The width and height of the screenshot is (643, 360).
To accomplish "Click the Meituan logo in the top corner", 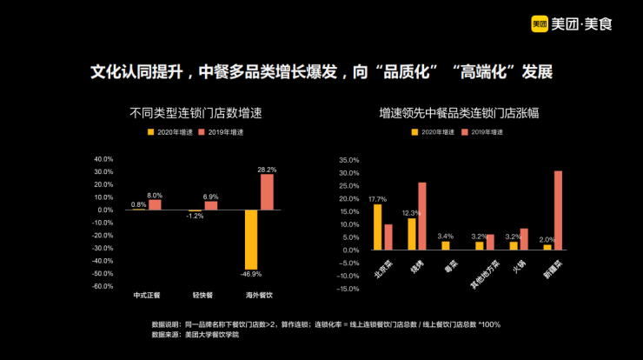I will coord(572,23).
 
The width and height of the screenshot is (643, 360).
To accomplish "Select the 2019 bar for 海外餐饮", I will coord(267,191).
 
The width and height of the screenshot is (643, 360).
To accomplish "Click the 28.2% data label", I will coord(267,170).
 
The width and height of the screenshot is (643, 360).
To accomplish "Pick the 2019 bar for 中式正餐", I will coord(155,204).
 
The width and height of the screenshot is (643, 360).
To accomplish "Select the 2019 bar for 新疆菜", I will coord(558,210).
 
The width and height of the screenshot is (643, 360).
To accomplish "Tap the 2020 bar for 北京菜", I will coord(378,227).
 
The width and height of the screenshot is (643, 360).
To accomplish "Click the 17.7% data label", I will coord(378,199).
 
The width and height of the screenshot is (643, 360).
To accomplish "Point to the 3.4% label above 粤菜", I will coord(446,236).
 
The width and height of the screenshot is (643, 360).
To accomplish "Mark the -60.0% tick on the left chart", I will coord(103,286).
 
